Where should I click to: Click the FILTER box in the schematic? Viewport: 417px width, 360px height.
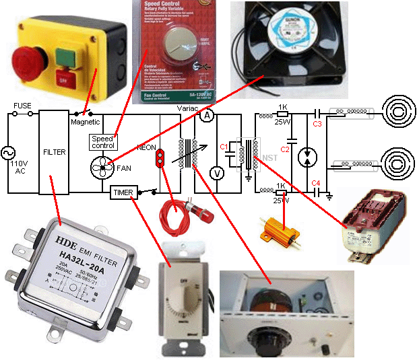point(54,152)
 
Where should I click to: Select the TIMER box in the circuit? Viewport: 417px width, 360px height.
point(123,192)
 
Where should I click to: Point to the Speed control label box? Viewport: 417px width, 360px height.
point(104,141)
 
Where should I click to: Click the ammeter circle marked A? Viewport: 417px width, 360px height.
point(207,116)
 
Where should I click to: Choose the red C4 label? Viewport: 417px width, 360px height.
point(317,183)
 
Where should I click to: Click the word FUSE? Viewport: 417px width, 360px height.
point(22,105)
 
